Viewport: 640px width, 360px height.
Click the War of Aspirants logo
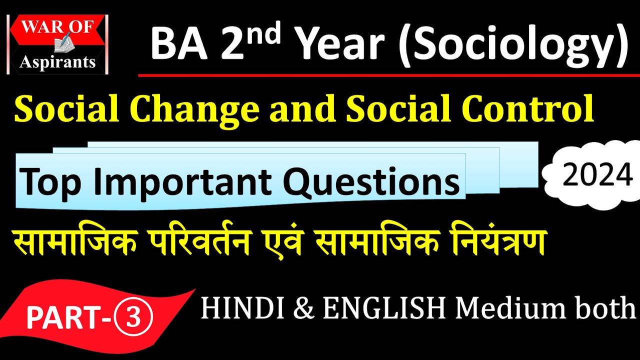pyautogui.click(x=58, y=44)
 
